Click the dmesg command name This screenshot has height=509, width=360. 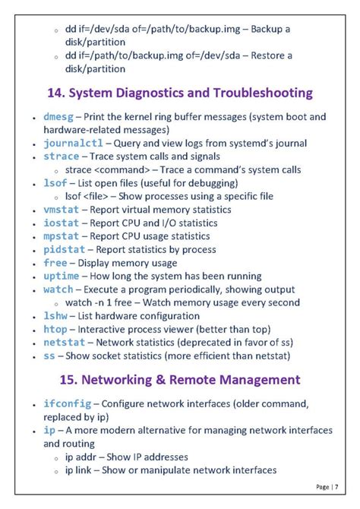[58, 117]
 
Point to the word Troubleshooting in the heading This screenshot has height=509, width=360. [256, 93]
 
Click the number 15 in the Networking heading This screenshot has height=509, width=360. [67, 379]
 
